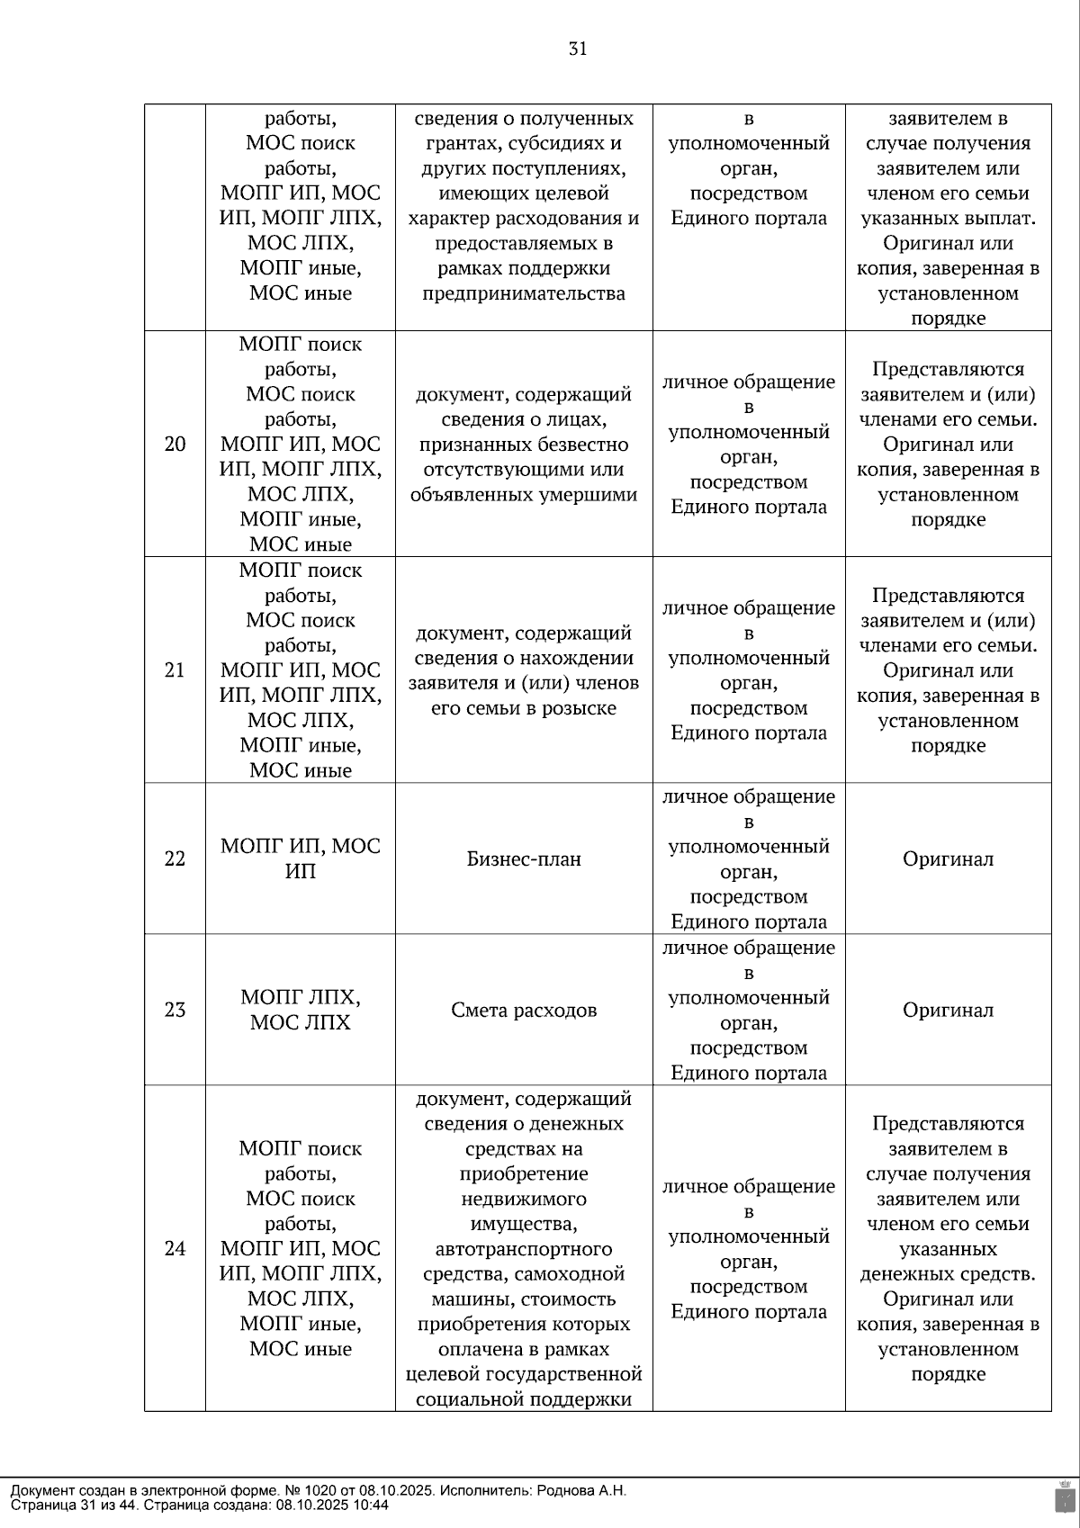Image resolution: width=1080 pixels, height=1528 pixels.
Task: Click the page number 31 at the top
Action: coord(578,49)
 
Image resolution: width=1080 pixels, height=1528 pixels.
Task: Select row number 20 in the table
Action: coord(175,444)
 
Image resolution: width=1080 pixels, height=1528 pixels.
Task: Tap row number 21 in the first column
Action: coord(175,670)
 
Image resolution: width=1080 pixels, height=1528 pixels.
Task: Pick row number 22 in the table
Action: coord(175,858)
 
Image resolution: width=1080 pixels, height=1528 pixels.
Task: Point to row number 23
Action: coord(175,1010)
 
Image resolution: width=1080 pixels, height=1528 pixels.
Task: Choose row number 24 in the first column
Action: coord(175,1248)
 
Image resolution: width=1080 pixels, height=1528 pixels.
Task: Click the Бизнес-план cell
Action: coord(524,858)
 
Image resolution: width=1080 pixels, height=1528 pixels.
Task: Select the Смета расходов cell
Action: coord(524,1010)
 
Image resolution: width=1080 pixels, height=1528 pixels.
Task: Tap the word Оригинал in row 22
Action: coord(948,858)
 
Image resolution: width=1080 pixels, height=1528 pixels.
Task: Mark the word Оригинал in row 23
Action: coord(948,1010)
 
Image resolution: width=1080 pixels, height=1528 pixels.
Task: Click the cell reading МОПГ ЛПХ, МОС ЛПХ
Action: coord(301,1010)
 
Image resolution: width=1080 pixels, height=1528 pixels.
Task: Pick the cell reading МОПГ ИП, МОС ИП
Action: coord(301,858)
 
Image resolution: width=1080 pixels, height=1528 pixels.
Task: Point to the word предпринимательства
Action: coord(524,293)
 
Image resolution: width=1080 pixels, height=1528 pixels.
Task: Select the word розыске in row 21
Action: coord(580,708)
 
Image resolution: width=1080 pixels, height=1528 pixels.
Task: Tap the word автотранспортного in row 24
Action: coord(524,1249)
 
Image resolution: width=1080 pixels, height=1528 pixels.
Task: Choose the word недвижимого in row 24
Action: coord(524,1199)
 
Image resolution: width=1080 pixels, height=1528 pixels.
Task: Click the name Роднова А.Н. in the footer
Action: coord(580,1490)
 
